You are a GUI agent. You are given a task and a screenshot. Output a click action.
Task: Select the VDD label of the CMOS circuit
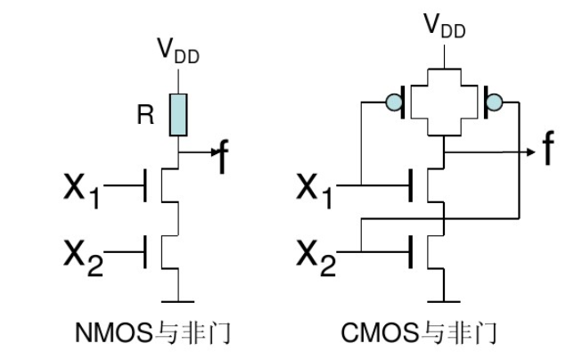(442, 24)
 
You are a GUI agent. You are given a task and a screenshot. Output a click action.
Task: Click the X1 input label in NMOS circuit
(81, 189)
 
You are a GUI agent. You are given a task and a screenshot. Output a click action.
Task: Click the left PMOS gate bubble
(393, 103)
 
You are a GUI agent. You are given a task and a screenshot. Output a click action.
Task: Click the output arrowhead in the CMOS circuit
(526, 152)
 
